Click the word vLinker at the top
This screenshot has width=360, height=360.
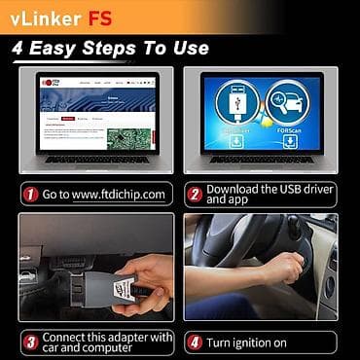[45, 17]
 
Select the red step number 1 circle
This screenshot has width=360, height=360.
[30, 195]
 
